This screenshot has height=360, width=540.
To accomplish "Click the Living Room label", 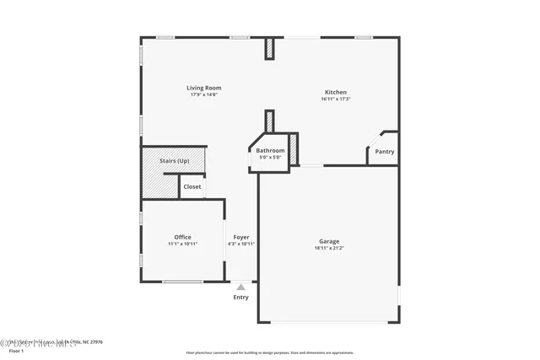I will (x=204, y=88).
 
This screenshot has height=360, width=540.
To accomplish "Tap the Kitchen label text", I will (x=336, y=92).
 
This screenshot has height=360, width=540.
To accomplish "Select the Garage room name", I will (x=328, y=241).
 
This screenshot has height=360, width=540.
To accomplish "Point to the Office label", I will (x=182, y=237).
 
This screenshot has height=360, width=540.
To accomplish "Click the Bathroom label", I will (x=270, y=151).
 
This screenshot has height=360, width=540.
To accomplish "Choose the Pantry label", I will (x=385, y=152).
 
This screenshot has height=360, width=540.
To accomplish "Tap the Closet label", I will (x=192, y=186).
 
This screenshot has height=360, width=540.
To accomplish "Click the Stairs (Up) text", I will (x=175, y=160).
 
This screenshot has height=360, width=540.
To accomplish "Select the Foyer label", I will (x=241, y=237).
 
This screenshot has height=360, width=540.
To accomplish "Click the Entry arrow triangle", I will (x=241, y=287).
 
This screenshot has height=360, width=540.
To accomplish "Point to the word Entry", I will (x=241, y=297).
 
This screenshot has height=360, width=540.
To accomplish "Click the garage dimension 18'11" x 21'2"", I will (x=328, y=249).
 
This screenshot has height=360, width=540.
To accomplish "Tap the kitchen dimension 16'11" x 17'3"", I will (x=336, y=99).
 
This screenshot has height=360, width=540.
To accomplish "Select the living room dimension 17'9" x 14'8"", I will (x=204, y=94).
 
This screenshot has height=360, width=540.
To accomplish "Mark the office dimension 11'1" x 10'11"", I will (x=182, y=244).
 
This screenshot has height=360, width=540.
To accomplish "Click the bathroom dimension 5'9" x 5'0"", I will (x=270, y=158).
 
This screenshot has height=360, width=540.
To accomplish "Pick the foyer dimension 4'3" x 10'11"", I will (x=241, y=244).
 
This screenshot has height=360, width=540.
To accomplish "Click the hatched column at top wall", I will (x=270, y=49).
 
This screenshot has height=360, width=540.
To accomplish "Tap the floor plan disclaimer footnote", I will (x=270, y=352).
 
